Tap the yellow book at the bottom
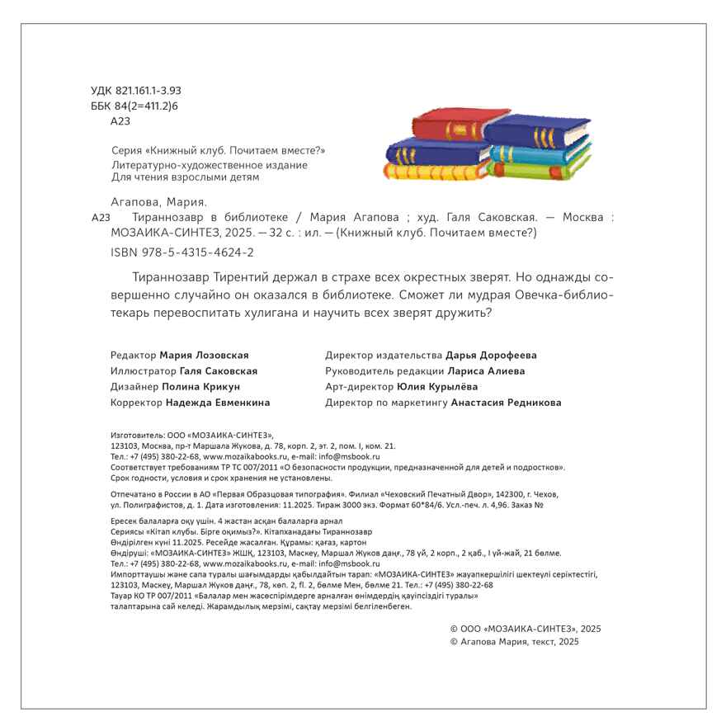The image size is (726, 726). [x=433, y=172]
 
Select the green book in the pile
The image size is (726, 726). [x=540, y=172]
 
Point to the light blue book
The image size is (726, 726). [x=540, y=153]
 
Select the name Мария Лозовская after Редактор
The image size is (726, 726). [x=204, y=356]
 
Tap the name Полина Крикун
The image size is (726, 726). [x=201, y=387]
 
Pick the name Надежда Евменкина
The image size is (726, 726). [x=217, y=403]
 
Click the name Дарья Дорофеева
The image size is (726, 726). [x=491, y=356]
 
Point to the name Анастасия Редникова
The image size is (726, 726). [x=506, y=403]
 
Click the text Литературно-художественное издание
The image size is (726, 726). [x=209, y=165]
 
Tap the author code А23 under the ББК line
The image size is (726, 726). [x=120, y=121]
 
